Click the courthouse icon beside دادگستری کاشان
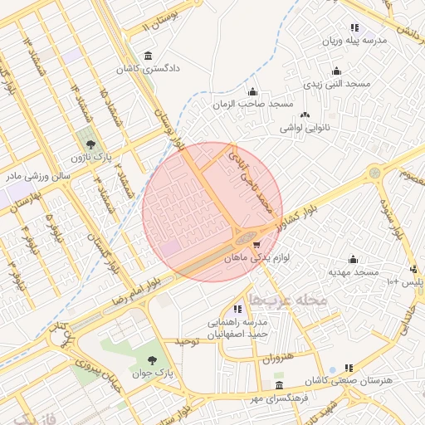[x=148, y=56]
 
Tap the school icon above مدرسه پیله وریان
[x=354, y=27]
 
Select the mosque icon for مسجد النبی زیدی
[x=336, y=71]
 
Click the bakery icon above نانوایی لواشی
[x=305, y=115]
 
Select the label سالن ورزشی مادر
[x=40, y=177]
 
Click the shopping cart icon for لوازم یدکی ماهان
[x=256, y=245]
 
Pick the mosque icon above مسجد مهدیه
[x=354, y=259]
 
